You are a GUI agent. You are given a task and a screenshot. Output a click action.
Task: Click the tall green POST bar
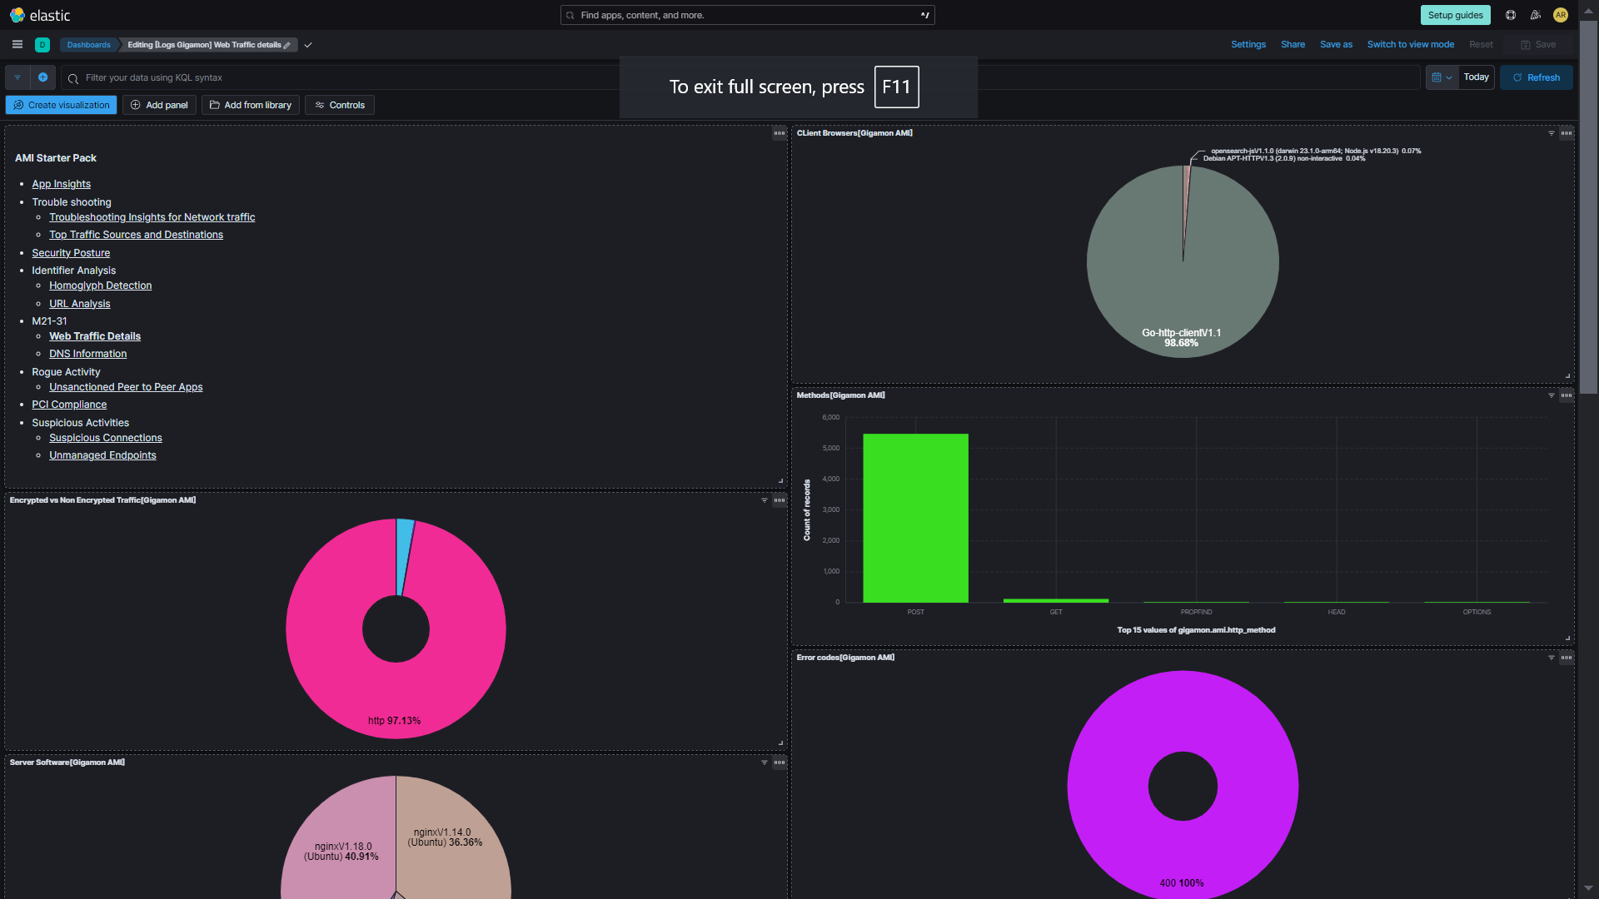915,518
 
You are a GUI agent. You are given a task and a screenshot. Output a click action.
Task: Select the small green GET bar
1055,600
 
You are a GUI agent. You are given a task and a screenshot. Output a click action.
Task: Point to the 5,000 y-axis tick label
830,448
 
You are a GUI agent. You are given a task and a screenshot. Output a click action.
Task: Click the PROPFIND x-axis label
1196,612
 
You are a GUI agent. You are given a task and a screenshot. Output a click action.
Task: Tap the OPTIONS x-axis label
1477,612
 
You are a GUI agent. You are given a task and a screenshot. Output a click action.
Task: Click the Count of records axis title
806,510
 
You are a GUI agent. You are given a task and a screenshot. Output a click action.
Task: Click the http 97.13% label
394,721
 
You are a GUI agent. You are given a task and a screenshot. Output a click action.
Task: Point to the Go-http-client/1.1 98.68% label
1181,338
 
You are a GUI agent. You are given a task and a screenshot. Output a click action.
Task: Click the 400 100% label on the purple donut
1181,883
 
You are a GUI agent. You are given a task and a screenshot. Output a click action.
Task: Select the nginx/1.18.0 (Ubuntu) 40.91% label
341,852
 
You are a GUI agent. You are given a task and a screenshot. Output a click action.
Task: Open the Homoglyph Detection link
100,286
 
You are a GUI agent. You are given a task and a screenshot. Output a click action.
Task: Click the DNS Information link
87,354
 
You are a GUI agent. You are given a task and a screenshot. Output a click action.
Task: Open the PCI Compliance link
69,405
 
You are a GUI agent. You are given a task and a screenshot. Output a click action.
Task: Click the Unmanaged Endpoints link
102,455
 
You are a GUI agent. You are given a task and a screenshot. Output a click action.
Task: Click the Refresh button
1536,77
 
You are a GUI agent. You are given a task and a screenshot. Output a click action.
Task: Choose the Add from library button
250,105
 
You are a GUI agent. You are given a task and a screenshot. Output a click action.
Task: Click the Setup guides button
1455,15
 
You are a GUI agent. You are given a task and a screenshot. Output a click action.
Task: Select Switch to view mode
1410,45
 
